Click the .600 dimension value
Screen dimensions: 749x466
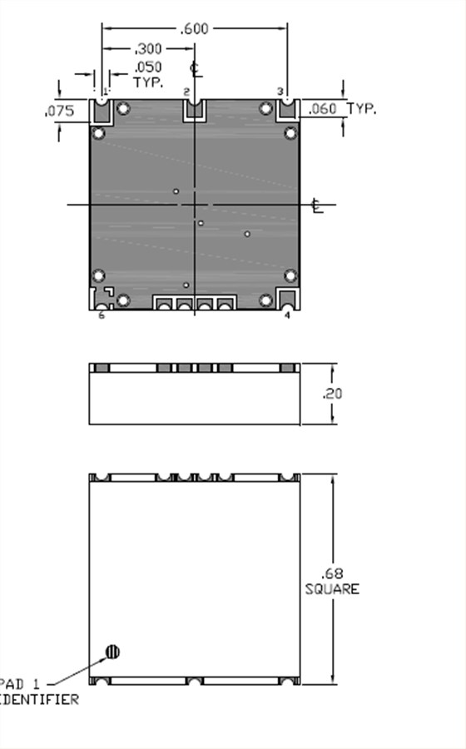(x=195, y=29)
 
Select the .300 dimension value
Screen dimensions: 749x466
(x=148, y=49)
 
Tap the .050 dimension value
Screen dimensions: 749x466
(x=148, y=67)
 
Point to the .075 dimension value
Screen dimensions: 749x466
(x=60, y=110)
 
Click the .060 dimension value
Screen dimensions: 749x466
(x=323, y=108)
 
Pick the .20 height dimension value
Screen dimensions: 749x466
(x=332, y=394)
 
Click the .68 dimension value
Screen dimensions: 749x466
(x=331, y=573)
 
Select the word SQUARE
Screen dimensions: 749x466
(x=332, y=589)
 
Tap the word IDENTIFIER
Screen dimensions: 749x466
(x=40, y=700)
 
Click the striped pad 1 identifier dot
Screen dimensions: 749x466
(x=112, y=652)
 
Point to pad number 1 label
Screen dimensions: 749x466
(x=106, y=91)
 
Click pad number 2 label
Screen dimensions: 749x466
(x=186, y=91)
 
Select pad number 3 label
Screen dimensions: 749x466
(x=280, y=91)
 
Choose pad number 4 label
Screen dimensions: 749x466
(x=288, y=315)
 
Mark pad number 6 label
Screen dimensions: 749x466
(x=102, y=315)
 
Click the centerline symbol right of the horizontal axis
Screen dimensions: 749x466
(x=317, y=206)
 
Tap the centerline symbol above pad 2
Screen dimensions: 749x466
(x=196, y=67)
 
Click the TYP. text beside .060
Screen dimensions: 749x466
(x=361, y=108)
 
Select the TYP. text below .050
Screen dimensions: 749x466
(x=147, y=82)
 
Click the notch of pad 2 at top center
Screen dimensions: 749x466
(x=195, y=107)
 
